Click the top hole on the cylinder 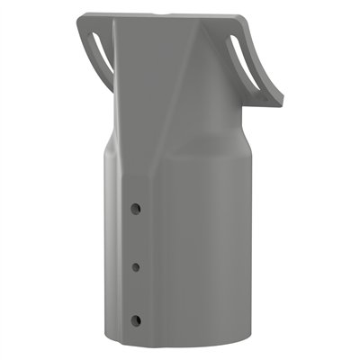point(135,208)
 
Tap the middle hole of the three point(135,265)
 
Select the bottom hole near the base point(135,319)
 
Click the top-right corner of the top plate point(248,15)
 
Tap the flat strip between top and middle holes point(135,237)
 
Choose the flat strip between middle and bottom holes point(135,292)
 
